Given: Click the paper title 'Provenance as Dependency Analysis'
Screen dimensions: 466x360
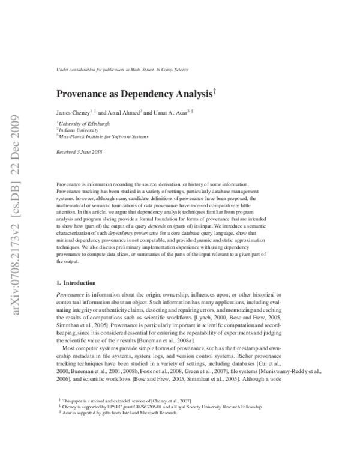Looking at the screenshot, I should tap(134, 94).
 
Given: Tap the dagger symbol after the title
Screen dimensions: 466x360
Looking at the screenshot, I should tap(214, 91).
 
